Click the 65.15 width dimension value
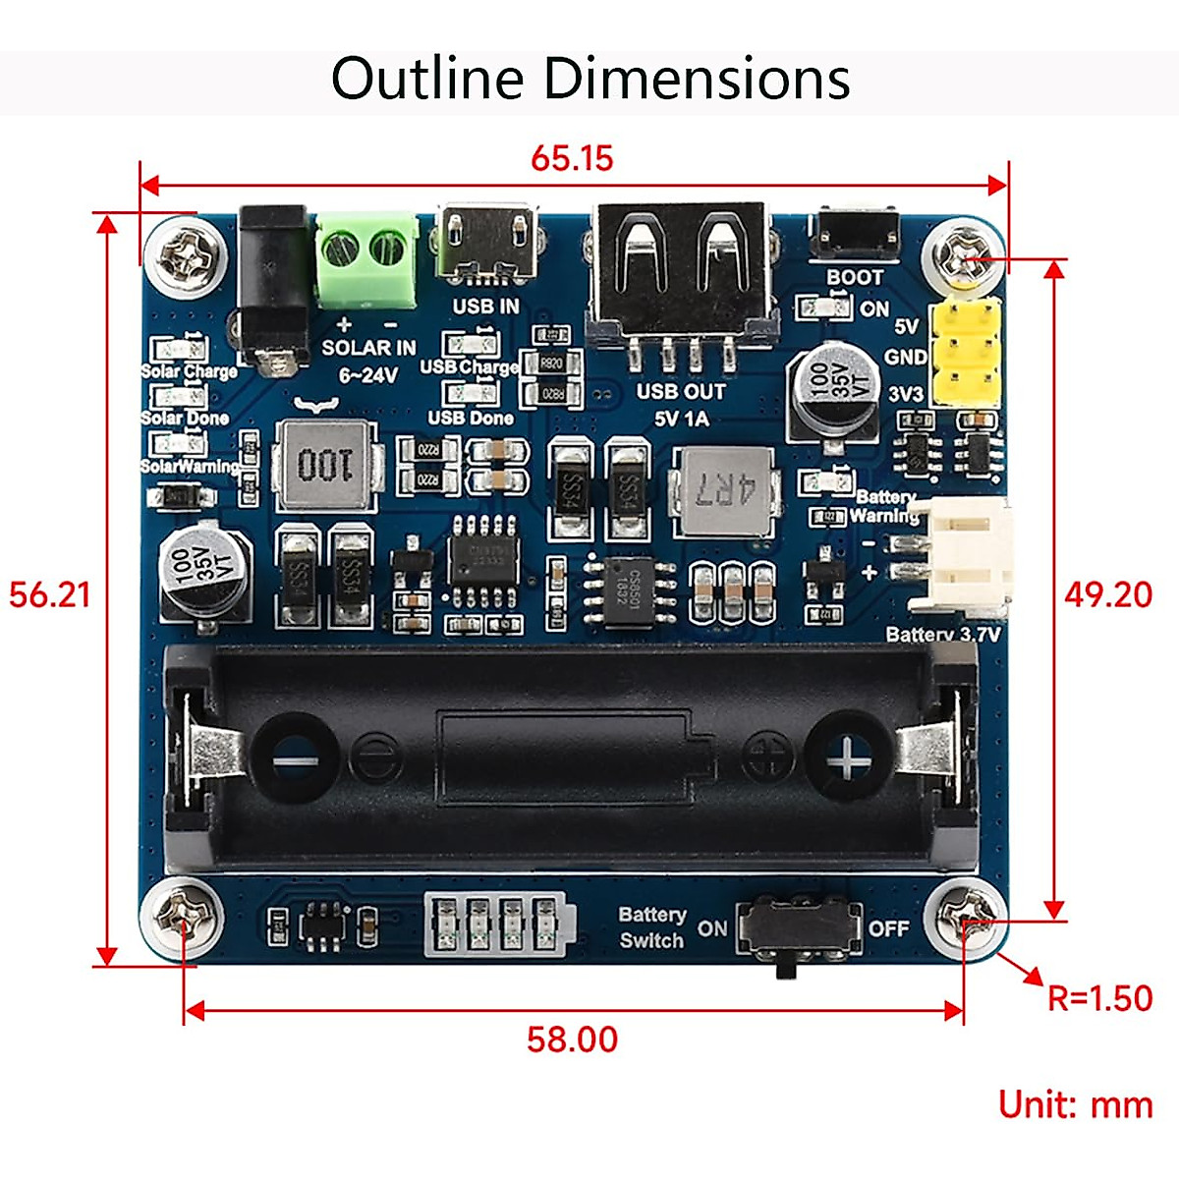572,158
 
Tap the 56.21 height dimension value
49,594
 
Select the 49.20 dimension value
1108,594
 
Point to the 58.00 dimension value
572,1039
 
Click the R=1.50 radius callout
1099,998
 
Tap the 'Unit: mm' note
1075,1105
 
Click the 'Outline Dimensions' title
589,79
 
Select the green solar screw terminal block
365,257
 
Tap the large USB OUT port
678,270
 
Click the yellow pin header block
966,353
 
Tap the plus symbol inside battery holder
846,757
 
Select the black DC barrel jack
274,285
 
